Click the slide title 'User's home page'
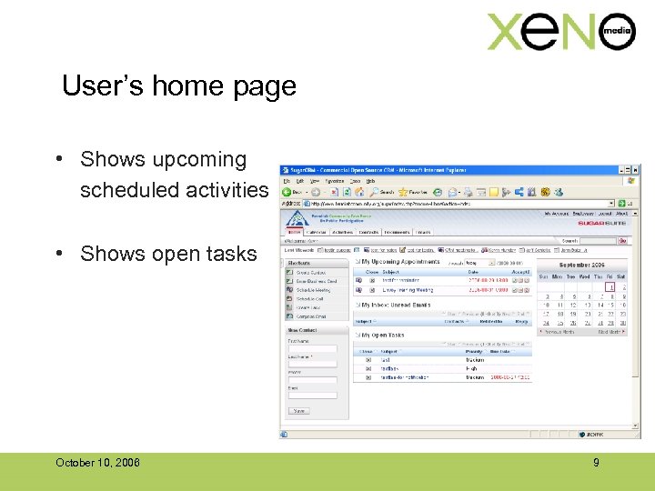[x=179, y=86]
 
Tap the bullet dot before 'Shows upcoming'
[x=57, y=160]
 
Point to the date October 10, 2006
[x=97, y=463]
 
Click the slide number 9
[x=596, y=463]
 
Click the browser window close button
[x=635, y=170]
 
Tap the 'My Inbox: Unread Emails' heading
[x=397, y=306]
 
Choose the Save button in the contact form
[x=298, y=410]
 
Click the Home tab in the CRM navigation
[x=295, y=232]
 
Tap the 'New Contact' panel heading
[x=303, y=330]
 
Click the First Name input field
[x=312, y=348]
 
